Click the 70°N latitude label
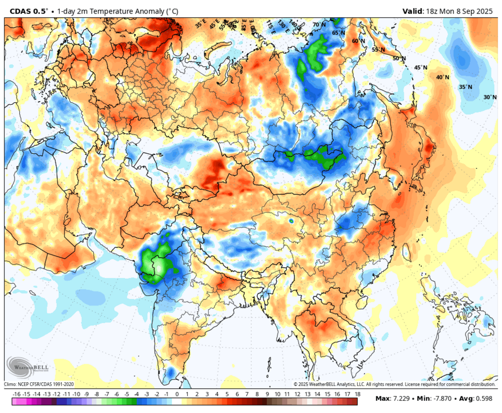pos(319,25)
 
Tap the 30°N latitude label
pos(490,97)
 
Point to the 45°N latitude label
pos(421,68)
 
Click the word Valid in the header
pos(413,11)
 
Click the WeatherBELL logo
pos(27,368)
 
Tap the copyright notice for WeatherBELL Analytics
pos(394,384)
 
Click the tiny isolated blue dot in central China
pos(291,220)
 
